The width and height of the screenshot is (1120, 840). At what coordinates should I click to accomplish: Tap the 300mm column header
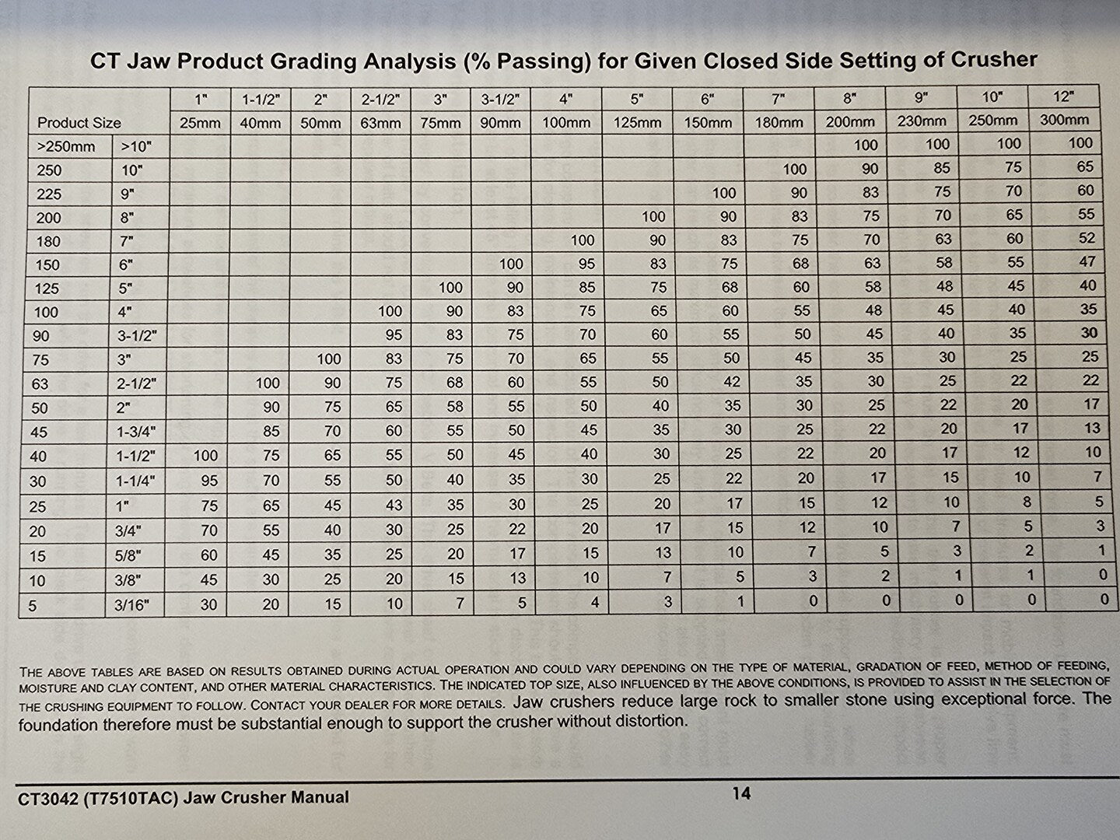(1063, 120)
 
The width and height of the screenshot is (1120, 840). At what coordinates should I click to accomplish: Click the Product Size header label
(79, 123)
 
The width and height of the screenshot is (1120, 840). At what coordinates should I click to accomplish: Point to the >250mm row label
(66, 147)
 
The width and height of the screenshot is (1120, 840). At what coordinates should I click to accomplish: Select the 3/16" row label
(131, 605)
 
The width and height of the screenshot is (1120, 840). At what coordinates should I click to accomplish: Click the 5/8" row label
(128, 555)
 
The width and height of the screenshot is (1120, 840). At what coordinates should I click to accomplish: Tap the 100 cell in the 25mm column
(205, 456)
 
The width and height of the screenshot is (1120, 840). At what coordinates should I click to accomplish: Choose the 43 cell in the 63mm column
(394, 505)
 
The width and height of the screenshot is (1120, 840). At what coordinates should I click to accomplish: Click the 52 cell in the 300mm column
(1087, 238)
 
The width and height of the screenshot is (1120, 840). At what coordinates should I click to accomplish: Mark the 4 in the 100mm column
(594, 602)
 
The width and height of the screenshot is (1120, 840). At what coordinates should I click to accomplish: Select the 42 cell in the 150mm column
(731, 381)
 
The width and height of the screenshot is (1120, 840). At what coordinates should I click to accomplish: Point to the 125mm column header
(637, 122)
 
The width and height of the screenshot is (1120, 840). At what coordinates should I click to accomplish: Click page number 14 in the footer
(741, 793)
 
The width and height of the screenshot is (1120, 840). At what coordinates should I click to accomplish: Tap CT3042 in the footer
(44, 799)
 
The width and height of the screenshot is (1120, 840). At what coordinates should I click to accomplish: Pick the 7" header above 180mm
(778, 99)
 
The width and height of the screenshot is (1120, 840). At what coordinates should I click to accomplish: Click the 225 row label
(48, 194)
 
